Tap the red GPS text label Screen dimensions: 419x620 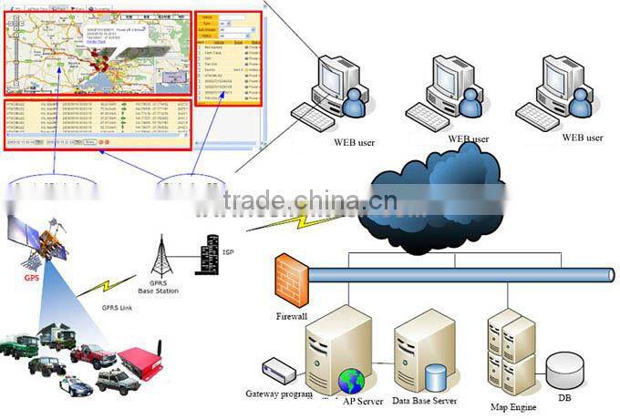point(31,265)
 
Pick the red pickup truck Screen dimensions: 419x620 point(92,355)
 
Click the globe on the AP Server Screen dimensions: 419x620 point(351,381)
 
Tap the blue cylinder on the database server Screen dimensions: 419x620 point(436,375)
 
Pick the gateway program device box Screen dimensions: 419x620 point(278,371)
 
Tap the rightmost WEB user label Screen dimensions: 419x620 point(582,138)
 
